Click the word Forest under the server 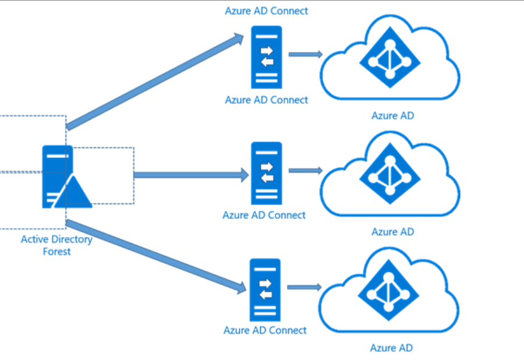tap(56, 252)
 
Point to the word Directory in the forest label tap(73, 239)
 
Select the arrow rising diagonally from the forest tap(155, 82)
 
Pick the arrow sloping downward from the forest tap(155, 255)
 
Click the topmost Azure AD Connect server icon tap(266, 57)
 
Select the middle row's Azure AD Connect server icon tap(266, 173)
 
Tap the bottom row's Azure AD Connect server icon tap(265, 290)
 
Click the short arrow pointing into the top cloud tap(306, 55)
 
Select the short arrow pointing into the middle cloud tap(306, 171)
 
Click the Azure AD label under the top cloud tap(392, 115)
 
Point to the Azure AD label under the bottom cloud tap(391, 348)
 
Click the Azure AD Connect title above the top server tap(267, 10)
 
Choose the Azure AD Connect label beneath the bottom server tap(265, 330)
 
